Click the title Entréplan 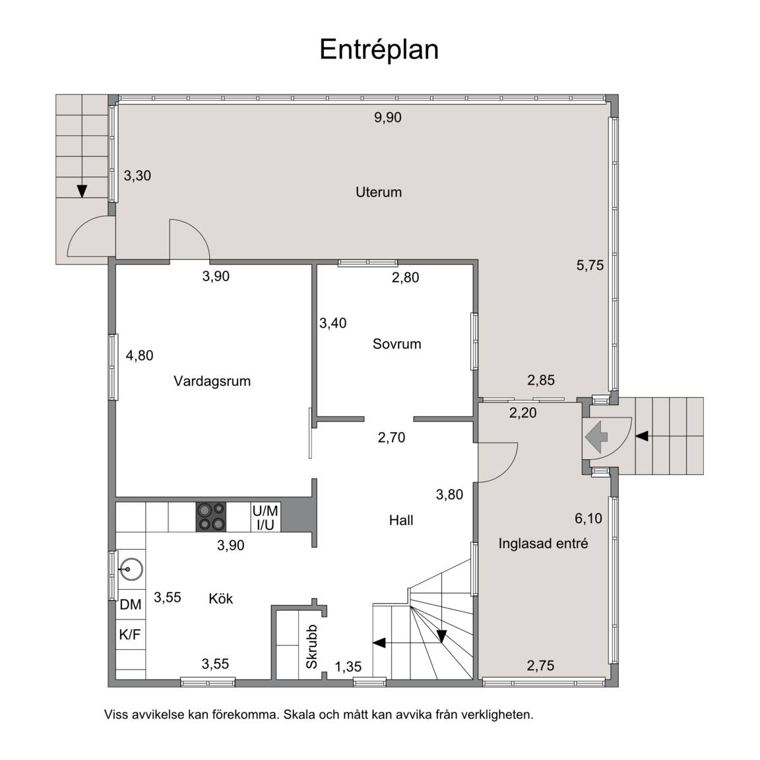(x=379, y=50)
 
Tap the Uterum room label (x=379, y=192)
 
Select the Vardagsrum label (x=212, y=381)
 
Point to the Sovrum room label (x=397, y=344)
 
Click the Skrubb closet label (x=311, y=647)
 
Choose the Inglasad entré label (x=544, y=544)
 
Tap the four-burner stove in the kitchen (x=211, y=517)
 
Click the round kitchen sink (x=131, y=569)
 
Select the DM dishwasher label (x=131, y=604)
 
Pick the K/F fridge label (x=130, y=634)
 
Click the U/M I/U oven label (x=265, y=517)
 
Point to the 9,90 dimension (x=388, y=117)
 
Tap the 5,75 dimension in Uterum (x=590, y=265)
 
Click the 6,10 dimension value (x=588, y=518)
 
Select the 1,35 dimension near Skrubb (x=348, y=667)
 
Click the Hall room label (x=401, y=520)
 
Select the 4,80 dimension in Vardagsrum (x=140, y=356)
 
